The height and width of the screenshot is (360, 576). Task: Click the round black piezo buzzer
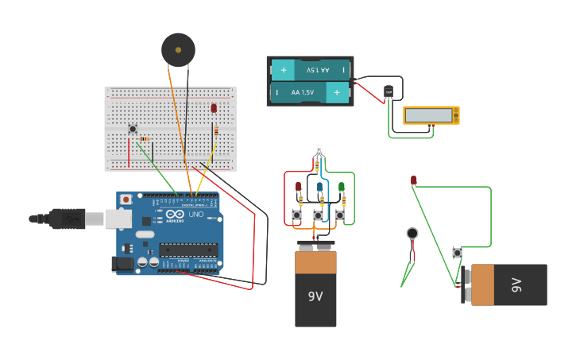(178, 50)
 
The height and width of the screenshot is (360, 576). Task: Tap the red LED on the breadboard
(214, 108)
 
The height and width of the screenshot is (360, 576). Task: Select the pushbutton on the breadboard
(133, 129)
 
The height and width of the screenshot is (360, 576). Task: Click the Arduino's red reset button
(126, 199)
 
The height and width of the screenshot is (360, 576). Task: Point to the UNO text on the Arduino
(195, 215)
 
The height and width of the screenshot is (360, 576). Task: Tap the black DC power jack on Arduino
(122, 264)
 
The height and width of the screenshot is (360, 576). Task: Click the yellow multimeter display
(431, 115)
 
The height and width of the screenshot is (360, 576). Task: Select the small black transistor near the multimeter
(389, 93)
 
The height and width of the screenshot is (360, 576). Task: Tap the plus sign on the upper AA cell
(284, 70)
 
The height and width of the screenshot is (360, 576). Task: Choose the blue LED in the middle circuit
(319, 187)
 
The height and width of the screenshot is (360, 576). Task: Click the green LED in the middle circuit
(341, 187)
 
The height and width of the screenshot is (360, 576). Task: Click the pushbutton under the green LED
(340, 215)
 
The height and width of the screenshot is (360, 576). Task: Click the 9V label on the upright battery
(315, 296)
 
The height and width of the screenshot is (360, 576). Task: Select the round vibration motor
(412, 234)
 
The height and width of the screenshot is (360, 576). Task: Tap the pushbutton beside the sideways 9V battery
(457, 253)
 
